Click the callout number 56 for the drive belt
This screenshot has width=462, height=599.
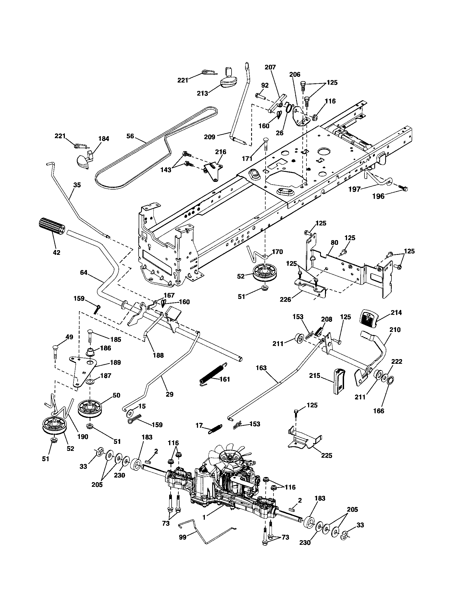click(130, 136)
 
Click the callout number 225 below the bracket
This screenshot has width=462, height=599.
click(327, 456)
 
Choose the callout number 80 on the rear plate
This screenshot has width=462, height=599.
click(335, 242)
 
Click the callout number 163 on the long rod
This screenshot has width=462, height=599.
click(261, 368)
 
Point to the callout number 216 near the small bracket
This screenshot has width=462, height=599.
click(221, 152)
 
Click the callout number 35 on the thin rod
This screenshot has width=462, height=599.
click(77, 185)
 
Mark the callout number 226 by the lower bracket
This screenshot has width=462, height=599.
click(285, 299)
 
